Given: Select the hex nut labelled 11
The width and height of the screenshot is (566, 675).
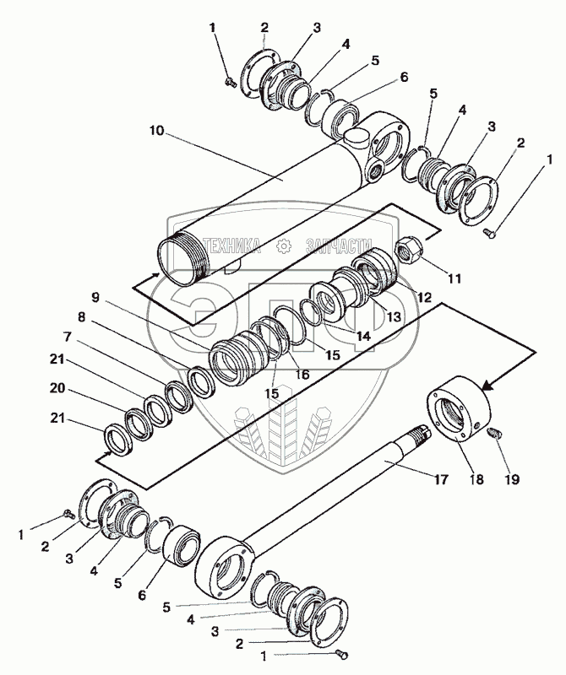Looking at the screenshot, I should pyautogui.click(x=408, y=251).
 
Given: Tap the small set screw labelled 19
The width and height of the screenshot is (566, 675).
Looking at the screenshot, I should pyautogui.click(x=496, y=434).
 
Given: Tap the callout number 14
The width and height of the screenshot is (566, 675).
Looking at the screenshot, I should pyautogui.click(x=362, y=335).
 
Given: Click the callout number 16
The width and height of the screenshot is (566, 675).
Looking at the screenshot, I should pyautogui.click(x=302, y=373).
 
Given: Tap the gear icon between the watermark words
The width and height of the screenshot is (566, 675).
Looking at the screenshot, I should pyautogui.click(x=282, y=246).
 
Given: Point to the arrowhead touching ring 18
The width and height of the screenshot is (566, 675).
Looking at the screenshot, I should pyautogui.click(x=487, y=386).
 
